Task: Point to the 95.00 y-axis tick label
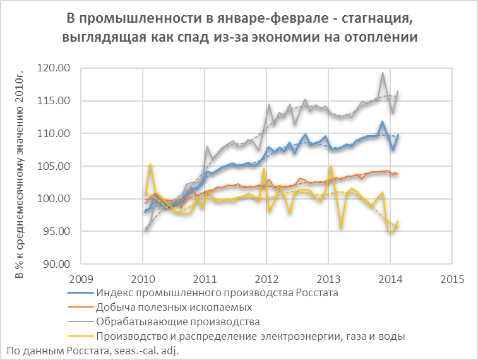coord(55,231)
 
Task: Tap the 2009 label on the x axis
coord(80,279)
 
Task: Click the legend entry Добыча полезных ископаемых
coord(174,308)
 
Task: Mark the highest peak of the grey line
coord(383,73)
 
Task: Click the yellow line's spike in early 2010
coord(150,164)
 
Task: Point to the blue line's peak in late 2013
coord(383,122)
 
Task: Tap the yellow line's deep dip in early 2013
coord(341,227)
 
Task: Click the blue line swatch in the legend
coord(80,294)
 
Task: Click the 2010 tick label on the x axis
coord(142,279)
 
